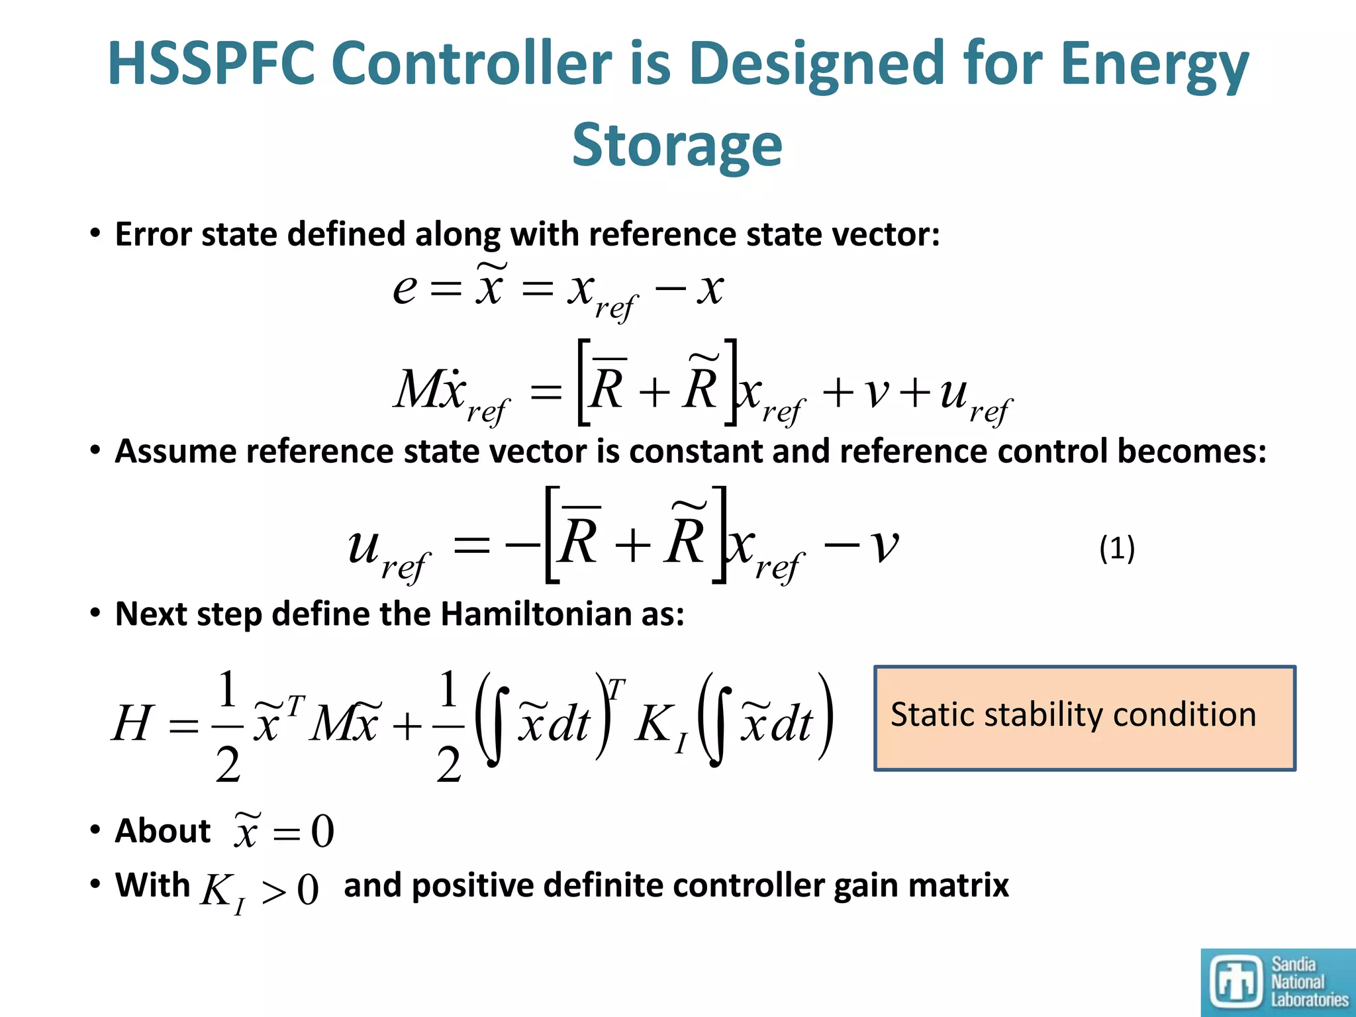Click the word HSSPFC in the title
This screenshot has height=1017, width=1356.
point(211,64)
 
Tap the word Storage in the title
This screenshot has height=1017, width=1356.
point(677,146)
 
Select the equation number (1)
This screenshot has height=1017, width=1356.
point(1117,549)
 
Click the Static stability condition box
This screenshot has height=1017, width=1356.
point(1084,718)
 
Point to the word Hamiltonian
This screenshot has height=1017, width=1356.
point(536,614)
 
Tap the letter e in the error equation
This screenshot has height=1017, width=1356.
point(405,289)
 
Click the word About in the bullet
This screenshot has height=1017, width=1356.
point(162,831)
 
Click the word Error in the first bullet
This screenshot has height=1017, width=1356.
point(152,234)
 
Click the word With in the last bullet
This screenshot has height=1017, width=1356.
point(152,885)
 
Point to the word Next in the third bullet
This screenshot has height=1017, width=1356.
point(150,614)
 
